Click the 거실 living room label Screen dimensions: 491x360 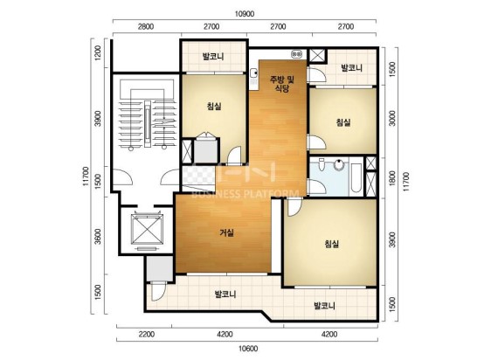(x=226, y=232)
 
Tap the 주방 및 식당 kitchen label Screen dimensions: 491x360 (x=282, y=84)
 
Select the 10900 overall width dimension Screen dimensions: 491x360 (x=245, y=14)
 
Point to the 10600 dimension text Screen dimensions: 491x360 (x=248, y=349)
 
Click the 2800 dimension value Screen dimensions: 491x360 (x=146, y=26)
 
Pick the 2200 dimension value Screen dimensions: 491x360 (x=147, y=335)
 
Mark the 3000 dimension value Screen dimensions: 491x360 (x=391, y=118)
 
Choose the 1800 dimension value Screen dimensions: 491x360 (x=391, y=177)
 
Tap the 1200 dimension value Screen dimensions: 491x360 (x=98, y=52)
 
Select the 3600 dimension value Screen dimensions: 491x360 (x=98, y=237)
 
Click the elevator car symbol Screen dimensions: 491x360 (x=147, y=230)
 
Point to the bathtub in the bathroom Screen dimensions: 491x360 (x=356, y=177)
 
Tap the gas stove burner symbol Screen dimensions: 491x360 (x=297, y=54)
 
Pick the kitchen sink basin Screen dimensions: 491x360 (x=255, y=74)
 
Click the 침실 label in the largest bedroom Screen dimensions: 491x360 (x=332, y=244)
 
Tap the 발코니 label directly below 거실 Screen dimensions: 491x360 (x=225, y=294)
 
